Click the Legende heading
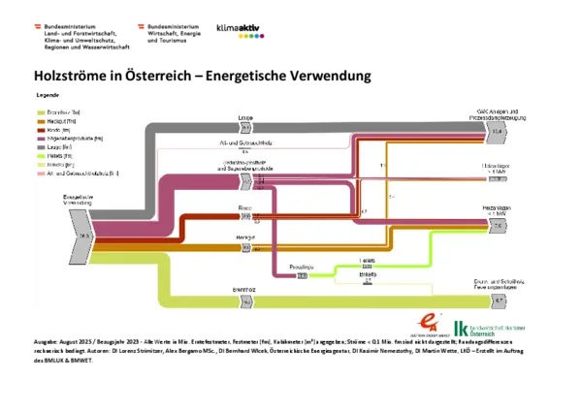[48, 96]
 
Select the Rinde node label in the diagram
[245, 207]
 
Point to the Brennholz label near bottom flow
[243, 290]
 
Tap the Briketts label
[368, 274]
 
